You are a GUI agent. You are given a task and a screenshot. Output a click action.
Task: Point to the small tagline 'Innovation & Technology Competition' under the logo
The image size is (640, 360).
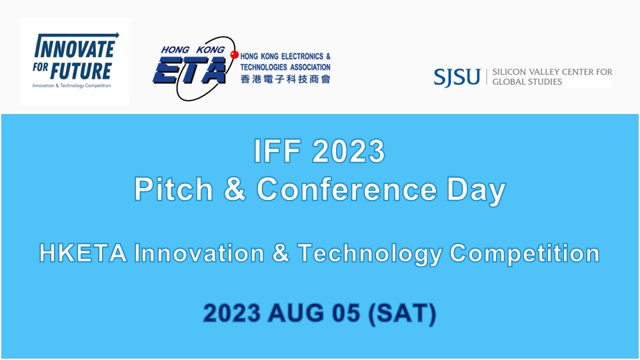[71, 85]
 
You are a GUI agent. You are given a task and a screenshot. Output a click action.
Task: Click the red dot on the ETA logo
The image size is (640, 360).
[234, 54]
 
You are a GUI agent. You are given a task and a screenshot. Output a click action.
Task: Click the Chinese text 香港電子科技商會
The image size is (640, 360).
[284, 79]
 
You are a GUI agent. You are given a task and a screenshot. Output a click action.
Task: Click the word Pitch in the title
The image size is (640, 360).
[171, 190]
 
